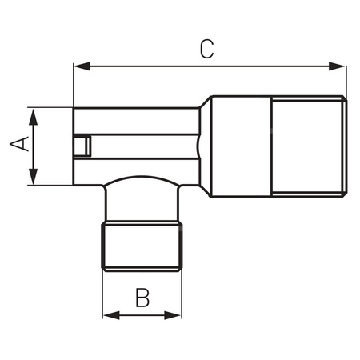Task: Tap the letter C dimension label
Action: [x=206, y=49]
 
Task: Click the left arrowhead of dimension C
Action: [x=78, y=67]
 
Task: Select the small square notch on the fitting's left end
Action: [x=81, y=147]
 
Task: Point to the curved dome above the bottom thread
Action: [x=142, y=188]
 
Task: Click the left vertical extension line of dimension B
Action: [x=102, y=296]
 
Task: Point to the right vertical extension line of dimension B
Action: [x=182, y=296]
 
